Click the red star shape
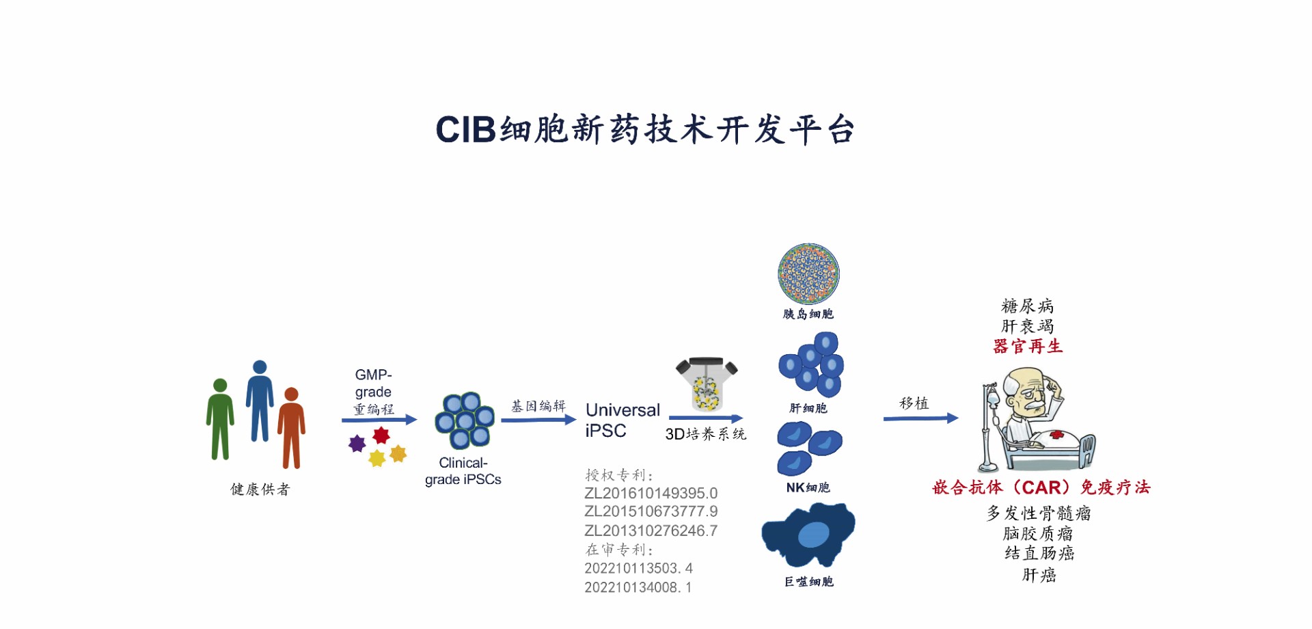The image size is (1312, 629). pos(381,435)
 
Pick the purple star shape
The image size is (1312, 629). pos(357,444)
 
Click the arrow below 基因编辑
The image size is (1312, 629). pos(538,420)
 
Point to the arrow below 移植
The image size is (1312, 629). pos(920,418)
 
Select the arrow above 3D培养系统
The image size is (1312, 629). pos(705,418)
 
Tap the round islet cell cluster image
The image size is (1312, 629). pos(808,273)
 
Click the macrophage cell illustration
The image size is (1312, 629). pos(808,535)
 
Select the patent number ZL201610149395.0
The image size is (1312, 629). pos(651,493)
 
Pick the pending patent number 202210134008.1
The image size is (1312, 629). pos(638,587)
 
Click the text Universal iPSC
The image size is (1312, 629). pos(623,420)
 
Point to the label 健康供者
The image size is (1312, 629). pos(260,489)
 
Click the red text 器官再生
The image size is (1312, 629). pos(1028,346)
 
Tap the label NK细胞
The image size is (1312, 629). pos(808,487)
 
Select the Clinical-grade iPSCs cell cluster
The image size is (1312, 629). pos(465,420)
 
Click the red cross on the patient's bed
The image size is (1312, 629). pos(1056,434)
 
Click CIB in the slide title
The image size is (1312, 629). pos(465,129)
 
